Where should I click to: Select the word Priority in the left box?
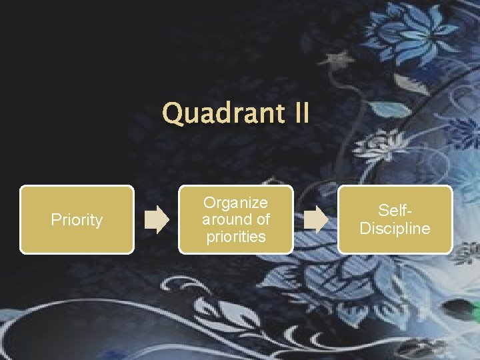pyautogui.click(x=77, y=220)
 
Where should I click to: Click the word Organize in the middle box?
pyautogui.click(x=235, y=203)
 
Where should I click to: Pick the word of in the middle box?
pyautogui.click(x=262, y=219)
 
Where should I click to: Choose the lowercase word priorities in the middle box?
pyautogui.click(x=235, y=237)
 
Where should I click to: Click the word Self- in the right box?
pyautogui.click(x=395, y=211)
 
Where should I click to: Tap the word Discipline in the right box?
pyautogui.click(x=395, y=229)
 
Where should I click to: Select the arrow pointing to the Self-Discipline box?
pyautogui.click(x=315, y=220)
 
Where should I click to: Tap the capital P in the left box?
pyautogui.click(x=55, y=220)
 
